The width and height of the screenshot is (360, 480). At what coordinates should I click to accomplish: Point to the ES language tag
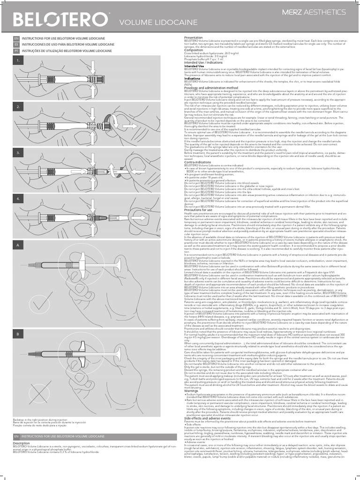pos(16,44)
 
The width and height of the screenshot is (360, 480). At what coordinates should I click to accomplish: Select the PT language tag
pos(16,50)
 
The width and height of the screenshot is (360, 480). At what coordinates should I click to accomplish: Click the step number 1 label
pos(18,60)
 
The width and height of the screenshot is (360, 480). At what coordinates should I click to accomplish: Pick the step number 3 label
pos(18,153)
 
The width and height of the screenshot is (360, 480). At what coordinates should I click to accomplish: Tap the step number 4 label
pos(18,199)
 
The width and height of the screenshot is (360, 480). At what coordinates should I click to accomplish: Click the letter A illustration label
pos(18,245)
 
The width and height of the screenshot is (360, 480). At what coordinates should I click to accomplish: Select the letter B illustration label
pos(18,321)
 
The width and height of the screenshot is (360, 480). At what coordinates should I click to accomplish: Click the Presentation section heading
pos(194,37)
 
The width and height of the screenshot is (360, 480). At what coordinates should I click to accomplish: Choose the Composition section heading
pos(194,50)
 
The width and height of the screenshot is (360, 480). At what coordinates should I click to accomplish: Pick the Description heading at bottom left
pos(21,443)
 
